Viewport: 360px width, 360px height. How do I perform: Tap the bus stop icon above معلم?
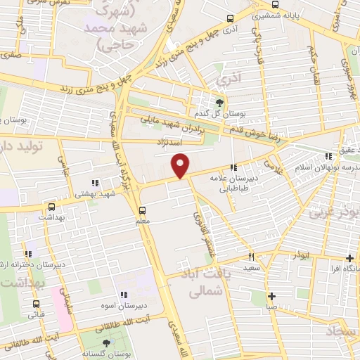click(x=143, y=210)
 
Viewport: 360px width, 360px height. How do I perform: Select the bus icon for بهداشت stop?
click(x=51, y=207)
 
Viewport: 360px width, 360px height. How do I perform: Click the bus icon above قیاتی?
click(x=36, y=304)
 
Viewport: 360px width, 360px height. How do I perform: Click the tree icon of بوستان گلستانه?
click(x=106, y=343)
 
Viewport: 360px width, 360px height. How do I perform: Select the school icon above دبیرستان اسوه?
click(x=124, y=295)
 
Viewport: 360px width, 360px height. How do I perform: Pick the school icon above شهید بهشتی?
click(x=94, y=184)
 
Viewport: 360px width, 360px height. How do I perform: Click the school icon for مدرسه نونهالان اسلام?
click(x=327, y=157)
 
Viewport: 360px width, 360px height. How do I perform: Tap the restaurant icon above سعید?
click(x=251, y=257)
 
